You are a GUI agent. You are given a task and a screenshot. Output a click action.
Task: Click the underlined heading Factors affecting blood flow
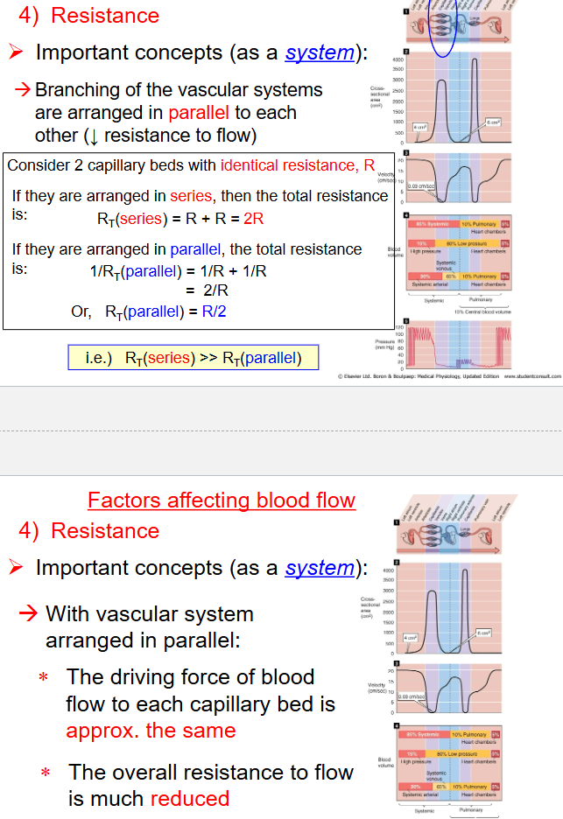point(222,500)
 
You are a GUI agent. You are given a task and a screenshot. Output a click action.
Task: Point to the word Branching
point(76,90)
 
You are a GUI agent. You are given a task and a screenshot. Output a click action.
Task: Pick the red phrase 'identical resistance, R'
point(298,165)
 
